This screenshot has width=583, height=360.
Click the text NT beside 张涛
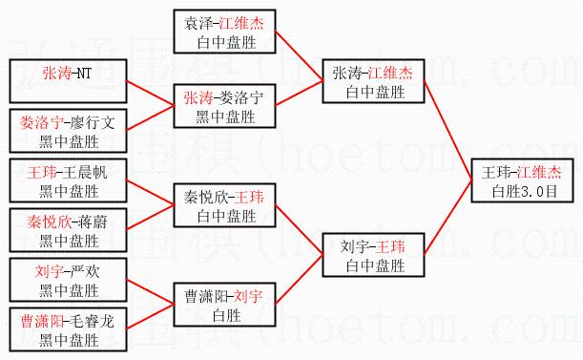pyautogui.click(x=84, y=74)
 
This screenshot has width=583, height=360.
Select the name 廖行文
pyautogui.click(x=93, y=123)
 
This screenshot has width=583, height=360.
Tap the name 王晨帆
pyautogui.click(x=85, y=173)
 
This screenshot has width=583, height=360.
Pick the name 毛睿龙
pyautogui.click(x=93, y=321)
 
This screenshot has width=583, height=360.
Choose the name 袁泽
pyautogui.click(x=198, y=24)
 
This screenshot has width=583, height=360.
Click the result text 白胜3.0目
pyautogui.click(x=524, y=191)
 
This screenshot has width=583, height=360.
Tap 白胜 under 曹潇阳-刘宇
pyautogui.click(x=227, y=316)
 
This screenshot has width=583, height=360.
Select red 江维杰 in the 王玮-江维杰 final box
pyautogui.click(x=539, y=173)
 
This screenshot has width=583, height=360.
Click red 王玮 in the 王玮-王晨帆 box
pyautogui.click(x=42, y=173)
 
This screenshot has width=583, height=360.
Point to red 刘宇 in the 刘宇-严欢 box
pyautogui.click(x=50, y=272)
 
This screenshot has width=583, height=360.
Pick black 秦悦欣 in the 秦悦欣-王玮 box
pyautogui.click(x=205, y=198)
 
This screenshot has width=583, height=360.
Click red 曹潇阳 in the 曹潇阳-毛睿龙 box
pyautogui.click(x=42, y=321)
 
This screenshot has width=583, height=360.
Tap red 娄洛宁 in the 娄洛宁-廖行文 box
pyautogui.click(x=42, y=123)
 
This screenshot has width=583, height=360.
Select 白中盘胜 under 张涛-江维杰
pyautogui.click(x=376, y=92)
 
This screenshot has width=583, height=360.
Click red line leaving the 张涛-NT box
pyautogui.click(x=151, y=93)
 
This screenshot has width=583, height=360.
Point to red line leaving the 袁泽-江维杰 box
pyautogui.click(x=300, y=55)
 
